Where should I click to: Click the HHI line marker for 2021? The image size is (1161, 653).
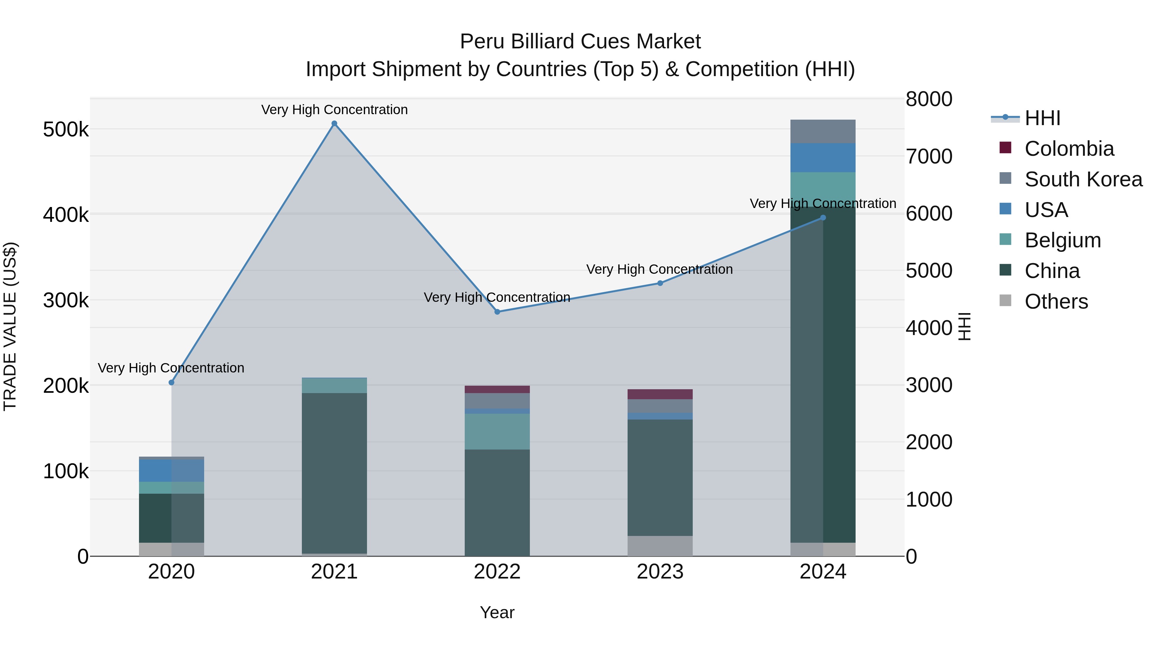pyautogui.click(x=334, y=124)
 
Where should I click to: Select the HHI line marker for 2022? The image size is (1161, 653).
pyautogui.click(x=497, y=312)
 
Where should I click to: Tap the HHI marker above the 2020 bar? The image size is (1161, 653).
pyautogui.click(x=171, y=382)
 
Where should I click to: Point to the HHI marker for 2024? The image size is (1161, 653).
pyautogui.click(x=823, y=218)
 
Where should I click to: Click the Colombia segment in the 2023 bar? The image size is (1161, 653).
pyautogui.click(x=660, y=394)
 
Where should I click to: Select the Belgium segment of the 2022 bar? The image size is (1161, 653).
pyautogui.click(x=497, y=431)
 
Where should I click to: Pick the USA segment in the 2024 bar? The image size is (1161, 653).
pyautogui.click(x=823, y=158)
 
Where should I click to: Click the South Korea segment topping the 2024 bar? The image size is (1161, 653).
pyautogui.click(x=823, y=132)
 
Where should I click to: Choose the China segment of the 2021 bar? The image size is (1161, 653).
pyautogui.click(x=334, y=473)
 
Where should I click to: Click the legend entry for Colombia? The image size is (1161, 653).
pyautogui.click(x=1069, y=149)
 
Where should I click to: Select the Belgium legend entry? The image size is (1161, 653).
pyautogui.click(x=1062, y=240)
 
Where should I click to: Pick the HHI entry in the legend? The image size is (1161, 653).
pyautogui.click(x=1042, y=118)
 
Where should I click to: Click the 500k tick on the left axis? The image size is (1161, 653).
pyautogui.click(x=66, y=130)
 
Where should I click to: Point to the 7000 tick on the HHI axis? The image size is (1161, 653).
pyautogui.click(x=929, y=156)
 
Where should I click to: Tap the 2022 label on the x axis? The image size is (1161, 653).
pyautogui.click(x=497, y=572)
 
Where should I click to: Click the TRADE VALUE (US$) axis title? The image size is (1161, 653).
pyautogui.click(x=10, y=326)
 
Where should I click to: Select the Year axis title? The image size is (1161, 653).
pyautogui.click(x=497, y=612)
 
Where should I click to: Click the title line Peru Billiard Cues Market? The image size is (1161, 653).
pyautogui.click(x=580, y=42)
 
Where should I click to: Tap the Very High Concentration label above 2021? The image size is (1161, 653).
pyautogui.click(x=334, y=110)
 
